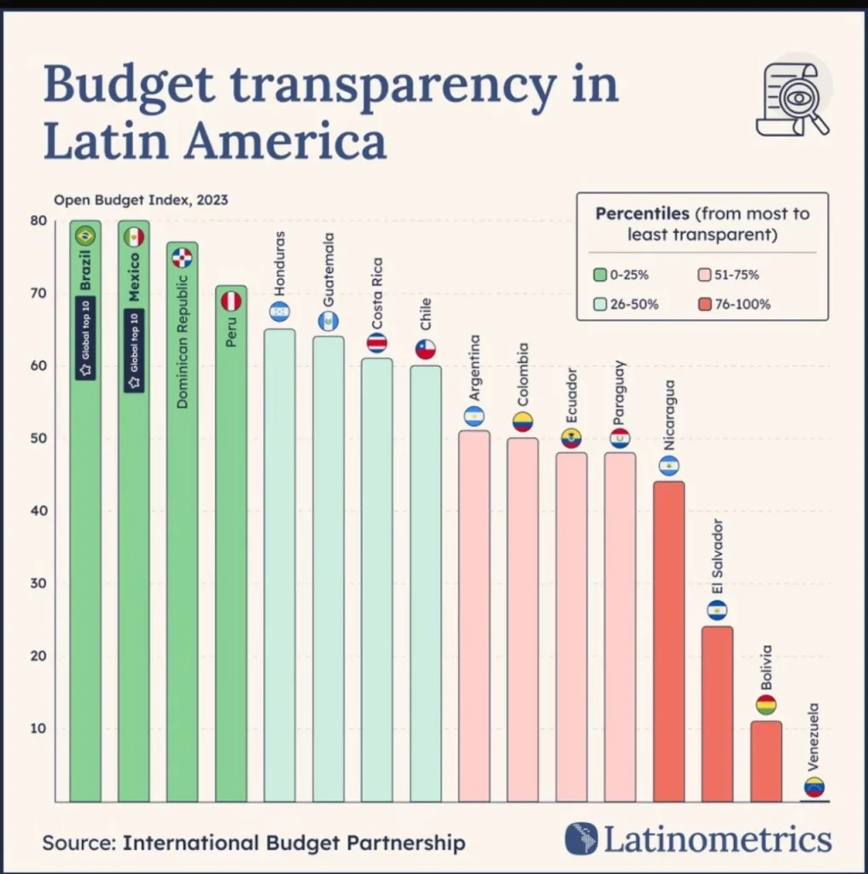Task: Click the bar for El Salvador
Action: tap(717, 714)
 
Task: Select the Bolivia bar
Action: tap(766, 761)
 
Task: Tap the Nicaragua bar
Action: tap(668, 640)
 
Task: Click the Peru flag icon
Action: tap(231, 300)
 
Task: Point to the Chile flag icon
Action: tap(425, 349)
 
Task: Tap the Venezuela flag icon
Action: tap(814, 787)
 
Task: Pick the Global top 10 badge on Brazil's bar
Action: tap(85, 339)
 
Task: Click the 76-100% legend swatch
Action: tap(693, 304)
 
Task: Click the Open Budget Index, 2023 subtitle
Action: tap(141, 201)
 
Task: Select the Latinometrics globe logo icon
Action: tap(580, 839)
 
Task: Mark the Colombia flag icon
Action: tap(522, 421)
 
